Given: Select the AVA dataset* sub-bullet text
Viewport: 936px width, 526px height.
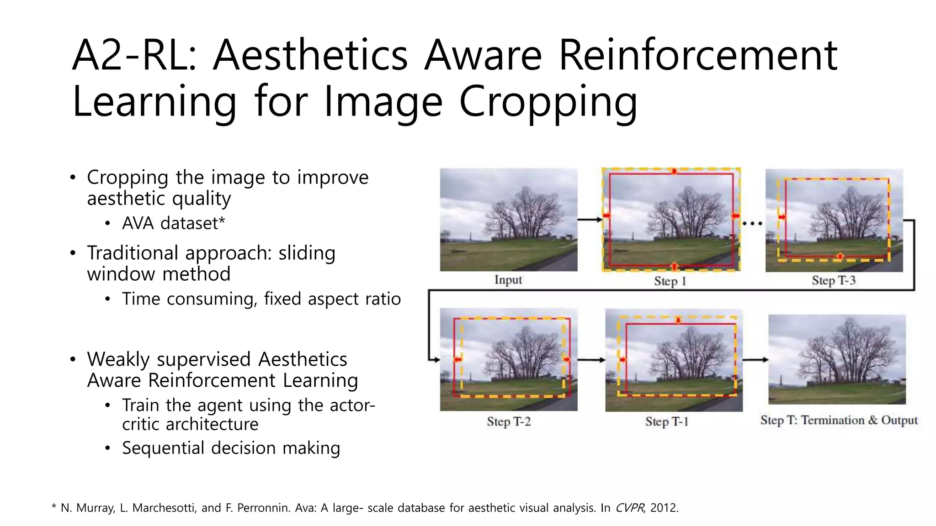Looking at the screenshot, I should [173, 223].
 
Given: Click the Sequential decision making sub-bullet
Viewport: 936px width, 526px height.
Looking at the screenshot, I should [231, 448].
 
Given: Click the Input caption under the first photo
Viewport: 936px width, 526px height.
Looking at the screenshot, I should [508, 280].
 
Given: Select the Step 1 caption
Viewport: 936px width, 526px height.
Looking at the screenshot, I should [670, 281].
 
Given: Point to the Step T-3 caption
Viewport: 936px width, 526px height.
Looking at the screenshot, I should [833, 280].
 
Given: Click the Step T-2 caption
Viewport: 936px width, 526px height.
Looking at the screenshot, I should [509, 421].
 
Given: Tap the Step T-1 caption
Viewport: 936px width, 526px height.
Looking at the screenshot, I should [667, 421].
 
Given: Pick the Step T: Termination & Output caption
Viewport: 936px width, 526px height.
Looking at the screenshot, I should [839, 420].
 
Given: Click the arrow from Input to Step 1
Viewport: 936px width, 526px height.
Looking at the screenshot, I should [590, 220].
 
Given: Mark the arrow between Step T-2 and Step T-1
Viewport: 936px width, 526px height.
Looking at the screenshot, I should [591, 360].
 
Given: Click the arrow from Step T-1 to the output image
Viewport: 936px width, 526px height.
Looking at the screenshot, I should [755, 360].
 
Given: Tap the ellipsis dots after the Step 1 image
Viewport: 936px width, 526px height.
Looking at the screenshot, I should [752, 223].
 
